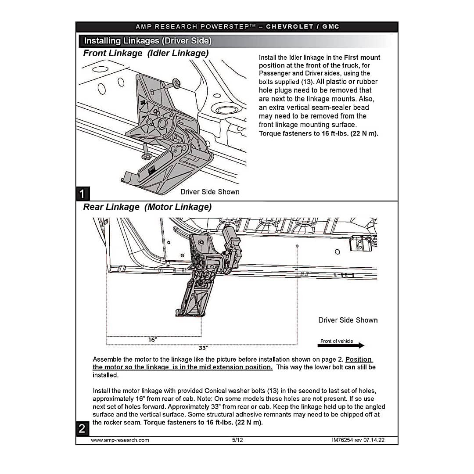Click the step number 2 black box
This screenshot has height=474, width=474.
click(82, 429)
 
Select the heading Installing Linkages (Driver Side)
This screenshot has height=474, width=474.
click(147, 41)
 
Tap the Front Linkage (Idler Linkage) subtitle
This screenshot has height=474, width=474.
click(146, 53)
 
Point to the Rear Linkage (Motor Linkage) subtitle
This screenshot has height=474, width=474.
click(147, 207)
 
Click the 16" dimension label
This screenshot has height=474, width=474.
click(152, 339)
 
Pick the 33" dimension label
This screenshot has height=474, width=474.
click(203, 348)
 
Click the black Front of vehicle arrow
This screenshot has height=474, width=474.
click(341, 346)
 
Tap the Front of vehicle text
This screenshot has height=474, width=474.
click(336, 341)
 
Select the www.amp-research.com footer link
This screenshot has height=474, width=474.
click(120, 440)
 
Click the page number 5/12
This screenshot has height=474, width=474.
click(237, 440)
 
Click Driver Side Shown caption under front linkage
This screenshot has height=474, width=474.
click(210, 192)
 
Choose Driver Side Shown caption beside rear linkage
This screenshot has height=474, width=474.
click(348, 320)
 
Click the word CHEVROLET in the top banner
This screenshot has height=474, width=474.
click(290, 26)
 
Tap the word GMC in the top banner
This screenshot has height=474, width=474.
click(331, 26)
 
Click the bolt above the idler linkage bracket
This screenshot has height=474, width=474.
click(176, 82)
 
